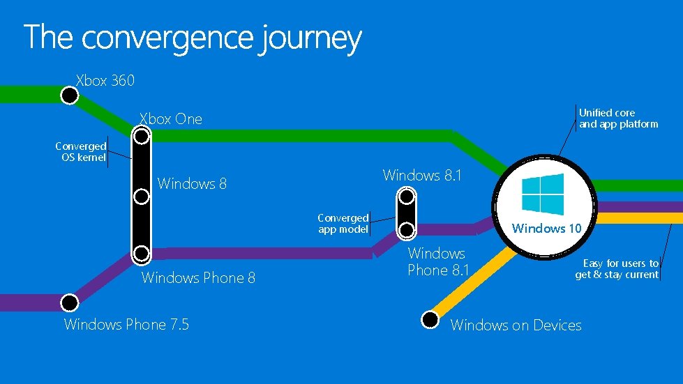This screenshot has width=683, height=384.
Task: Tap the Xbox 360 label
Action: (x=105, y=80)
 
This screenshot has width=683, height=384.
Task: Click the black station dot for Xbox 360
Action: (x=69, y=95)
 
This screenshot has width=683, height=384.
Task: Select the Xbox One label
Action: (x=171, y=119)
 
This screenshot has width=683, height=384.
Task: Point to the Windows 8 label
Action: (x=192, y=184)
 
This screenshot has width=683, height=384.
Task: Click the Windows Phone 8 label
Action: (x=198, y=278)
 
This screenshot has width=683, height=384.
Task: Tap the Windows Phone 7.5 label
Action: (x=126, y=324)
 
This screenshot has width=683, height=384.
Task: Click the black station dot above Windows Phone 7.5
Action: (x=69, y=302)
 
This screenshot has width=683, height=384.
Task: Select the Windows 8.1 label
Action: (x=422, y=176)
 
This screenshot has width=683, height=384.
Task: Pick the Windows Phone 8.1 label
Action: (x=438, y=261)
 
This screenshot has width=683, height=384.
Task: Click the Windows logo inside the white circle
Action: (x=542, y=194)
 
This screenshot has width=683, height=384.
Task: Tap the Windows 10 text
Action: (x=546, y=228)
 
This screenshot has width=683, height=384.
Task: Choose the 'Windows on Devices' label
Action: (x=516, y=325)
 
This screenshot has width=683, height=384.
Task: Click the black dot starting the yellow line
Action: (x=431, y=319)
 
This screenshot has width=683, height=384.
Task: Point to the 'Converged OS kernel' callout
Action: (x=81, y=152)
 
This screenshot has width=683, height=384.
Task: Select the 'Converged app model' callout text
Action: (x=343, y=224)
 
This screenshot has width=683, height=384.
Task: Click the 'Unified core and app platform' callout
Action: (x=618, y=118)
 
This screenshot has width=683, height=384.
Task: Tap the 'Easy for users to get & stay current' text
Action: (x=617, y=269)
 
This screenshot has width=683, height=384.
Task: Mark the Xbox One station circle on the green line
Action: (x=142, y=136)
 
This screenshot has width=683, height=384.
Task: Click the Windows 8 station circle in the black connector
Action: (x=142, y=196)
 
